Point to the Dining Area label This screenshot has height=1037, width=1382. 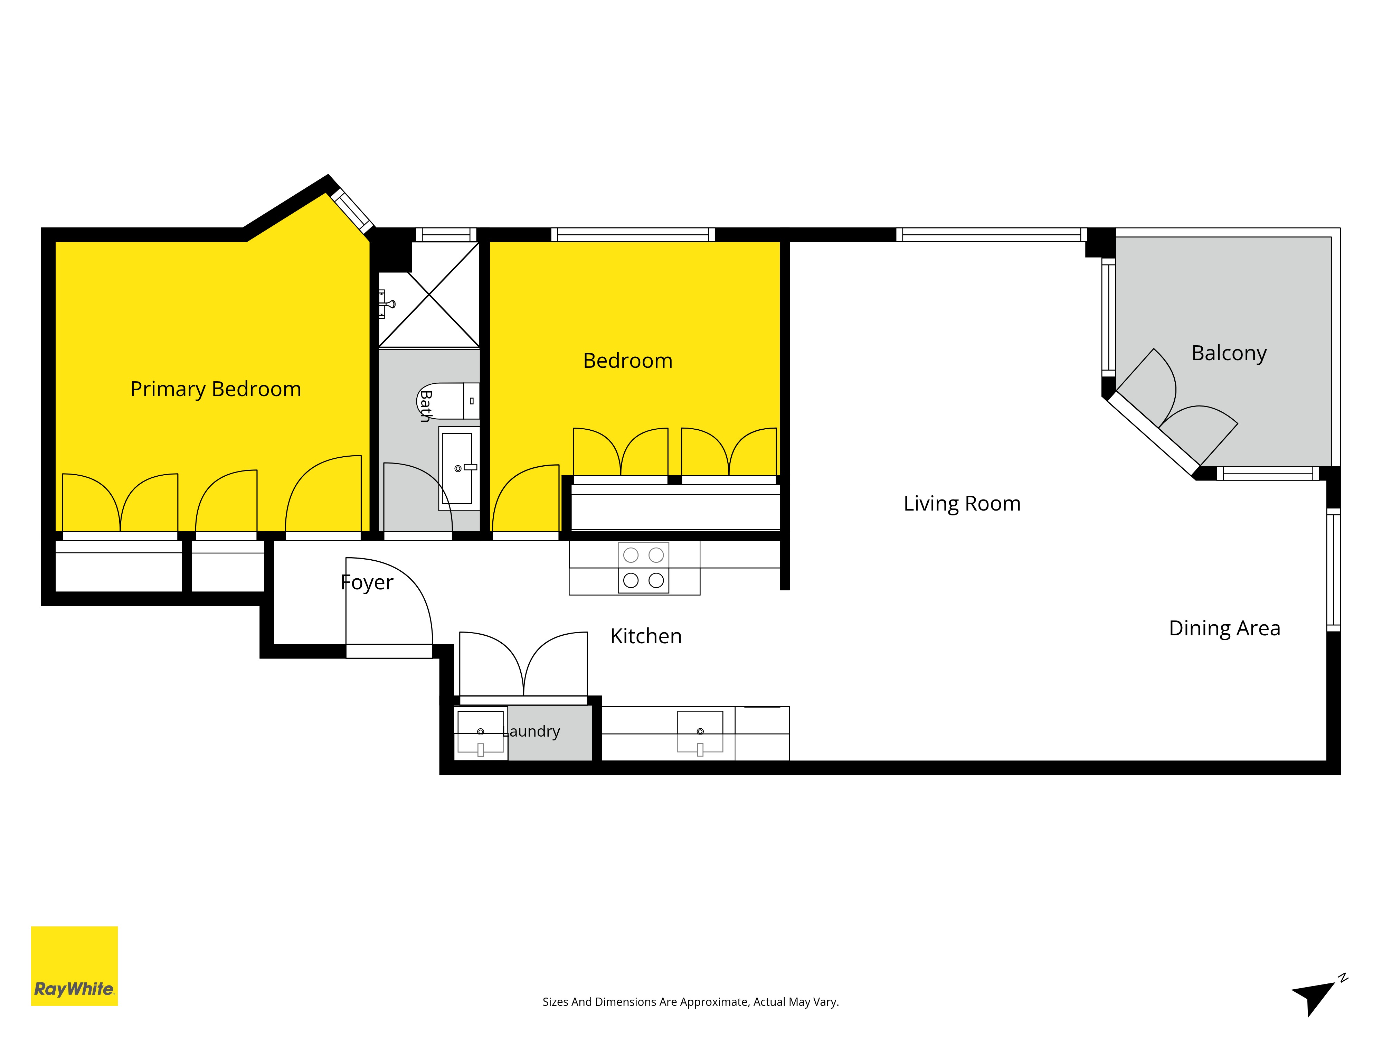point(1224,628)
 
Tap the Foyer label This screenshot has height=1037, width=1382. point(367,582)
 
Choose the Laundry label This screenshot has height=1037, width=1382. point(531,731)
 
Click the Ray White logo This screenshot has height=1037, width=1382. point(74,966)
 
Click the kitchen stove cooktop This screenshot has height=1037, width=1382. point(644,568)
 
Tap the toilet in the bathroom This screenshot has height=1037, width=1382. point(448,401)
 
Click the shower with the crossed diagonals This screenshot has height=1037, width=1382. point(429,295)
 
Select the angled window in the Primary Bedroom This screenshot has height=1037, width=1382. point(352,210)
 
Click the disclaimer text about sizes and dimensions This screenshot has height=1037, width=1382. point(690,1002)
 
